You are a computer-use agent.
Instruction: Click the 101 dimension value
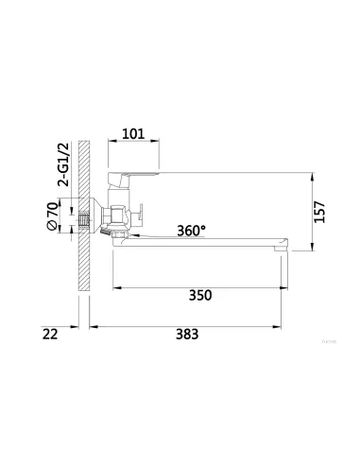133,134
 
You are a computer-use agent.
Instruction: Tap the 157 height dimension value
319,212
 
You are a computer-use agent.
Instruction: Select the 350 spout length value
200,296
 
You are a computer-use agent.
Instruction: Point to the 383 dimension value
187,335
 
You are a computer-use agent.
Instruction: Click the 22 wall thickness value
50,335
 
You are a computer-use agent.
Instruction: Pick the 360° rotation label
191,231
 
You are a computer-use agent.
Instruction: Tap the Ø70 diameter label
52,216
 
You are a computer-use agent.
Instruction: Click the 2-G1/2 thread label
62,164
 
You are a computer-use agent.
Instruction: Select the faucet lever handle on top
133,179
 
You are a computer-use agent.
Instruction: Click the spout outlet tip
281,249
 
